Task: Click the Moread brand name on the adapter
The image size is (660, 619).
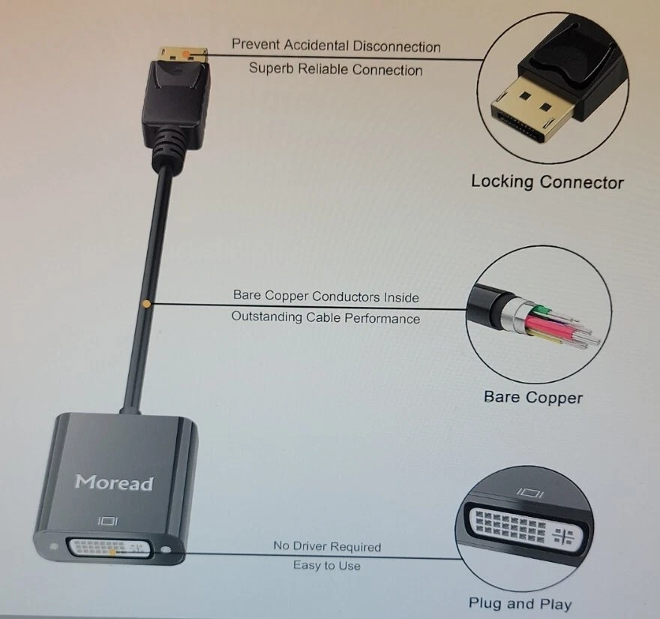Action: [x=114, y=482]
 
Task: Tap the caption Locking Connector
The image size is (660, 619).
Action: [x=547, y=182]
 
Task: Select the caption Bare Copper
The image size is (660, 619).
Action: [x=532, y=397]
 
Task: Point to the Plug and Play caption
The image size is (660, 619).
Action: [x=520, y=603]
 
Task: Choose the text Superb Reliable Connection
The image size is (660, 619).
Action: [x=335, y=70]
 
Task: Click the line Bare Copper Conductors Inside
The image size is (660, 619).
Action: [x=325, y=296]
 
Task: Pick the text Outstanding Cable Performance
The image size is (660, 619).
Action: [x=325, y=318]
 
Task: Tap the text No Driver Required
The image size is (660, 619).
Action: [x=327, y=546]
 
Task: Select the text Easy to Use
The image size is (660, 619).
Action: [x=326, y=565]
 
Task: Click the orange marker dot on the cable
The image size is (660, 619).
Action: [x=147, y=304]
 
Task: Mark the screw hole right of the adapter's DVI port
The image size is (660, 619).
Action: [x=175, y=555]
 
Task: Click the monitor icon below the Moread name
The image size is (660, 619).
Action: [x=109, y=519]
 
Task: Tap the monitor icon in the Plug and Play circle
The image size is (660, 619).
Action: [x=530, y=493]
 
